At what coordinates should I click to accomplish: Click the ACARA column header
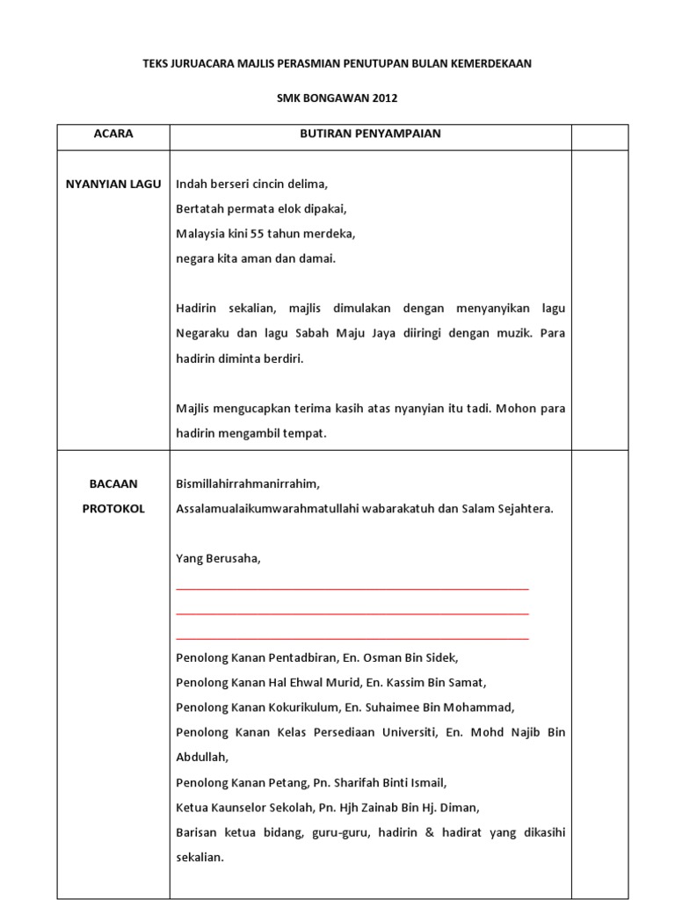(x=113, y=134)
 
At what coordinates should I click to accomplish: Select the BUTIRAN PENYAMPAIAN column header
(x=370, y=134)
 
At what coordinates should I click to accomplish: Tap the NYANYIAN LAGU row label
(x=113, y=184)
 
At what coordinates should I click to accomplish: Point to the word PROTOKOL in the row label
(x=113, y=509)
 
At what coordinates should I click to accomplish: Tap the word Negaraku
(x=202, y=333)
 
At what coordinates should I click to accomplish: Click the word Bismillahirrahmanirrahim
(x=248, y=483)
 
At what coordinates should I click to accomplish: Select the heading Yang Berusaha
(x=218, y=558)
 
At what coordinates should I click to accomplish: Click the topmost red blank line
(x=352, y=588)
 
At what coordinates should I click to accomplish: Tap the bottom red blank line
(x=352, y=637)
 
